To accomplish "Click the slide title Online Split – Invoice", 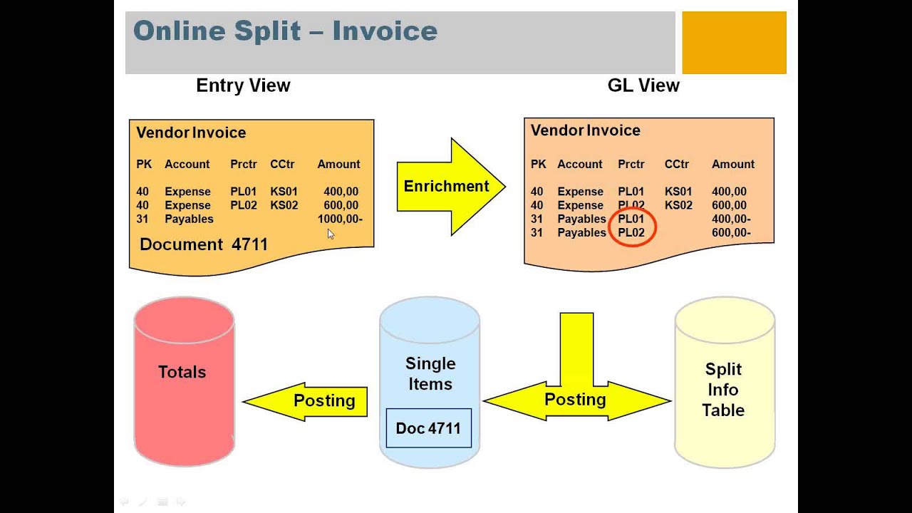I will tap(285, 31).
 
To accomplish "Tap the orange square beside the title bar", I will tap(734, 43).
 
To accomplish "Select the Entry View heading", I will tap(243, 85).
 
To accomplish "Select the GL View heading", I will tap(643, 85).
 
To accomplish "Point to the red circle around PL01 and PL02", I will tap(632, 226).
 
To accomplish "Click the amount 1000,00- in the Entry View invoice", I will tap(340, 219).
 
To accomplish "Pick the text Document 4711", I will tap(204, 244).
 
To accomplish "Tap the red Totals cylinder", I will tap(184, 381).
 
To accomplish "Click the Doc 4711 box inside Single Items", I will tap(428, 428).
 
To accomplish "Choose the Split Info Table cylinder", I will tap(724, 389).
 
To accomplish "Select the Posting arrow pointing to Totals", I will tap(306, 401).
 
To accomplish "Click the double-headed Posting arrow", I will tap(576, 400).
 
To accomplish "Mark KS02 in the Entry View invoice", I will tap(284, 205).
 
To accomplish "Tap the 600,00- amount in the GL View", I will tap(731, 232).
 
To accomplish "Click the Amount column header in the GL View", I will tap(732, 164).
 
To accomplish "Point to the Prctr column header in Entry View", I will tap(243, 164).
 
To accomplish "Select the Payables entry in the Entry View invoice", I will tap(189, 219).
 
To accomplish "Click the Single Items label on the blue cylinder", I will tap(430, 373).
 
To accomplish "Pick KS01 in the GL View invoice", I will tap(678, 191).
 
